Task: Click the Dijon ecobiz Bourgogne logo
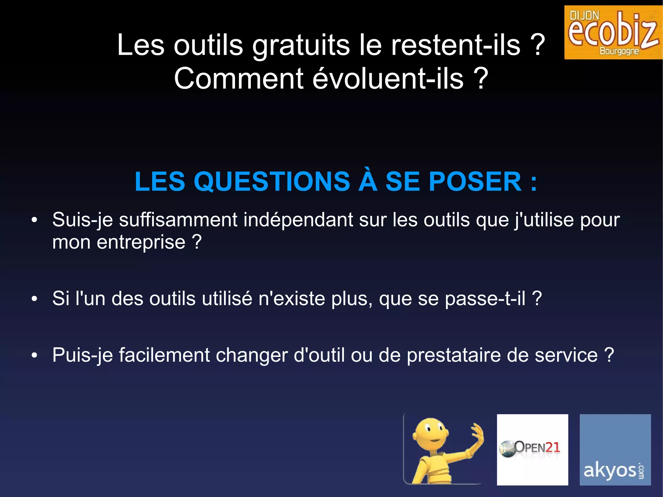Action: coord(613,32)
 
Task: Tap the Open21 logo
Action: coord(532,449)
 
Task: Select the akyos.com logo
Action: coord(615,449)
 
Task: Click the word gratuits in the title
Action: coord(301,45)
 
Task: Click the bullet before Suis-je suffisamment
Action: coord(34,220)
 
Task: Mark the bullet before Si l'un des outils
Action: coord(34,299)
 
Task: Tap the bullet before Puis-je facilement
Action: coord(34,355)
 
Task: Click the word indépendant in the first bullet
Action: coord(298,220)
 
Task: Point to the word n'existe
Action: coord(291,298)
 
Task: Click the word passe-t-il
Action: coord(485,298)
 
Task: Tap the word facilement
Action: coord(164,355)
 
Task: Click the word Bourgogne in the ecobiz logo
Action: coord(619,51)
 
